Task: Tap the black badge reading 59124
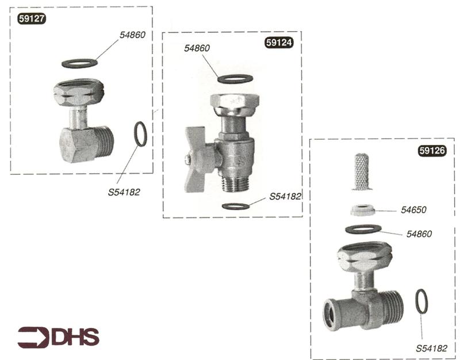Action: click(x=279, y=43)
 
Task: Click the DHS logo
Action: click(x=58, y=337)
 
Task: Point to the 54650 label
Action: click(x=414, y=211)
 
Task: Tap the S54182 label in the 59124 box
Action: click(x=282, y=196)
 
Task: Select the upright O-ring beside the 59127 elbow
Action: click(x=140, y=135)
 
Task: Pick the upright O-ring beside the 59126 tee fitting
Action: click(x=421, y=301)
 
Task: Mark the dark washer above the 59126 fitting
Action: click(x=363, y=229)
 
